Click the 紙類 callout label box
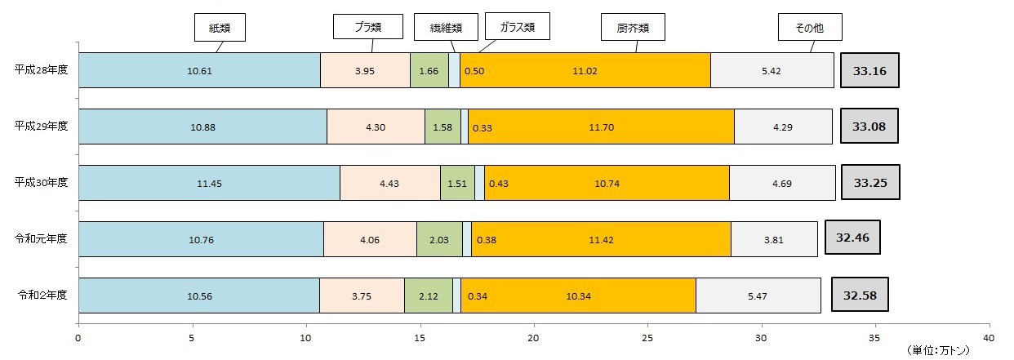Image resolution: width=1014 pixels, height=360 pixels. [x=220, y=27]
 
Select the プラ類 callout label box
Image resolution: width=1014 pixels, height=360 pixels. [x=368, y=27]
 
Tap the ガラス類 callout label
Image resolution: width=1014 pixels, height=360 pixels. [x=517, y=27]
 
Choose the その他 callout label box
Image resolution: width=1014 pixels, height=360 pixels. [x=809, y=27]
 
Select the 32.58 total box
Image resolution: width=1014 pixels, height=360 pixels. [x=860, y=295]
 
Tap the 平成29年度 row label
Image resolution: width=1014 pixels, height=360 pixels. [x=41, y=126]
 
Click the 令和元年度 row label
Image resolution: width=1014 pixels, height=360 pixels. [x=41, y=238]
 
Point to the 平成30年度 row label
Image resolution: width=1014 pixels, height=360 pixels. [x=41, y=182]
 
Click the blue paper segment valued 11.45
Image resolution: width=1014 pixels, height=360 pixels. [x=209, y=183]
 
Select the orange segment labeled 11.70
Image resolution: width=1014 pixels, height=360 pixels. [x=601, y=127]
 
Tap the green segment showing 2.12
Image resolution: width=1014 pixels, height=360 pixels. [x=429, y=296]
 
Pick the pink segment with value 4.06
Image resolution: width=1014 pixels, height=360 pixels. [x=370, y=239]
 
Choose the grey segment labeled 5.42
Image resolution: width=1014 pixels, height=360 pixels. [x=771, y=71]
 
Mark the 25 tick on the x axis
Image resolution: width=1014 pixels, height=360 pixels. [x=647, y=337]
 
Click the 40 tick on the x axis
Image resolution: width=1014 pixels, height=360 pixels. [x=989, y=337]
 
